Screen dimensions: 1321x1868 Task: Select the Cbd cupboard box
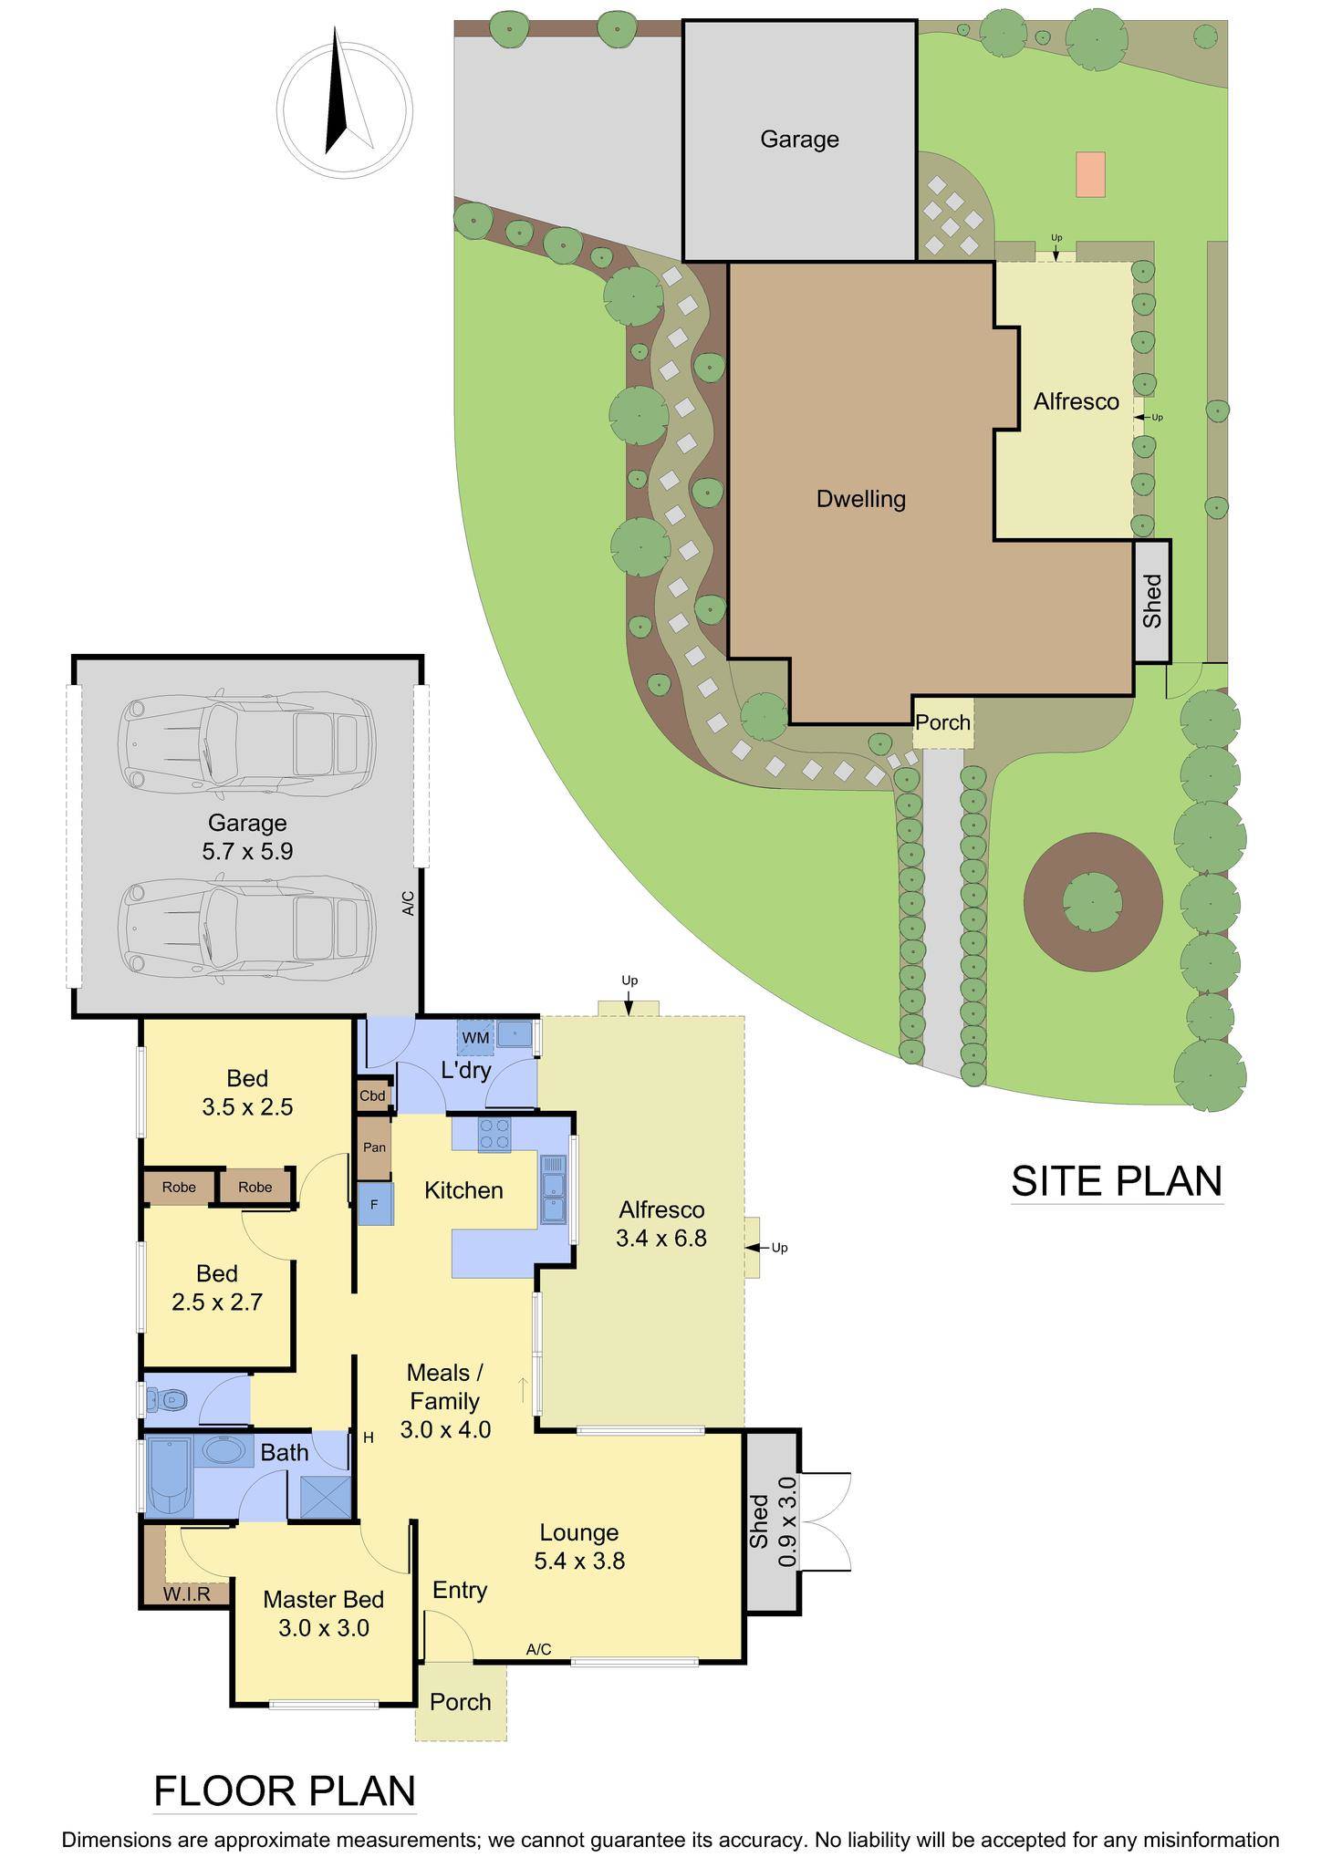(x=373, y=1095)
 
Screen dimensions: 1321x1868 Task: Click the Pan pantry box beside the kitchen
(x=374, y=1147)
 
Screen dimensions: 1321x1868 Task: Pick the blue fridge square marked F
(x=374, y=1204)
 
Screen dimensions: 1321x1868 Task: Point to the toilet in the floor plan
(x=168, y=1399)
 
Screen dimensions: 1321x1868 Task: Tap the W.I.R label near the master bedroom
(x=187, y=1594)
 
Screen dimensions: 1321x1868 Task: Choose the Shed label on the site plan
(x=1153, y=600)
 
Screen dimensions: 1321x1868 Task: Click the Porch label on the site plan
(x=942, y=722)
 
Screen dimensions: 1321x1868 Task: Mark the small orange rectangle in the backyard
(x=1090, y=173)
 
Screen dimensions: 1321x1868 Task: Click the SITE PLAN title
(x=1116, y=1180)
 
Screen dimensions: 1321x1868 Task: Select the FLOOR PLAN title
(x=285, y=1790)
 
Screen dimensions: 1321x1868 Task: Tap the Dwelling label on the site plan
(x=861, y=499)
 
